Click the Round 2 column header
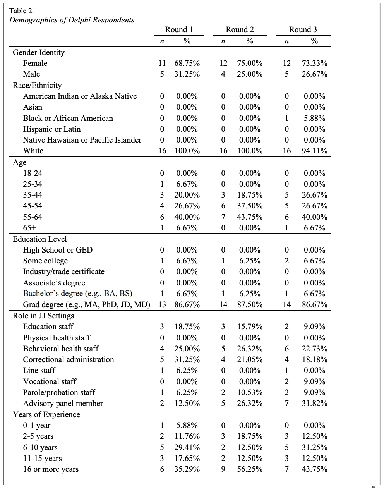click(240, 30)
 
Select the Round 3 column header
click(303, 30)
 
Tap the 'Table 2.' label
click(22, 11)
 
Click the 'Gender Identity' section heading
click(39, 52)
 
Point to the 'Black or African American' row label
click(68, 118)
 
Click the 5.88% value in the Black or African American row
click(314, 118)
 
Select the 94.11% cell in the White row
click(314, 151)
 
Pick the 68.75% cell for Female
click(187, 63)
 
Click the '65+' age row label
click(30, 228)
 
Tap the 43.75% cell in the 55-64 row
click(250, 217)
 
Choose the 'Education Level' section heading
click(40, 239)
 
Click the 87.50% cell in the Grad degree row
click(250, 304)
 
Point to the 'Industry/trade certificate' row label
click(64, 271)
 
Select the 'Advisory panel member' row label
click(63, 403)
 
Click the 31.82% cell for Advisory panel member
click(314, 403)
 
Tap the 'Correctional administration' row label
click(69, 359)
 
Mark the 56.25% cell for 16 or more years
click(250, 469)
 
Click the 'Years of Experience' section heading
click(46, 414)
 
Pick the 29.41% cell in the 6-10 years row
click(187, 447)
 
